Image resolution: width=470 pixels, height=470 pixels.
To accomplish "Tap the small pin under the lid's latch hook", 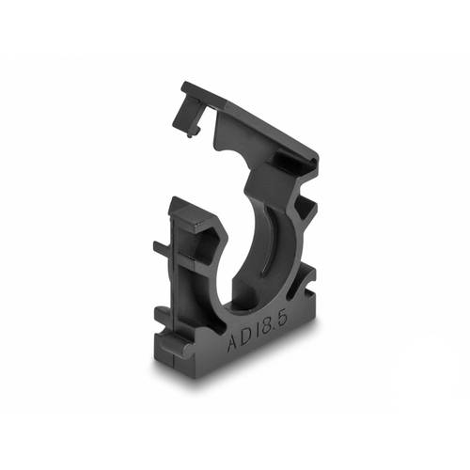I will click(x=192, y=133).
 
